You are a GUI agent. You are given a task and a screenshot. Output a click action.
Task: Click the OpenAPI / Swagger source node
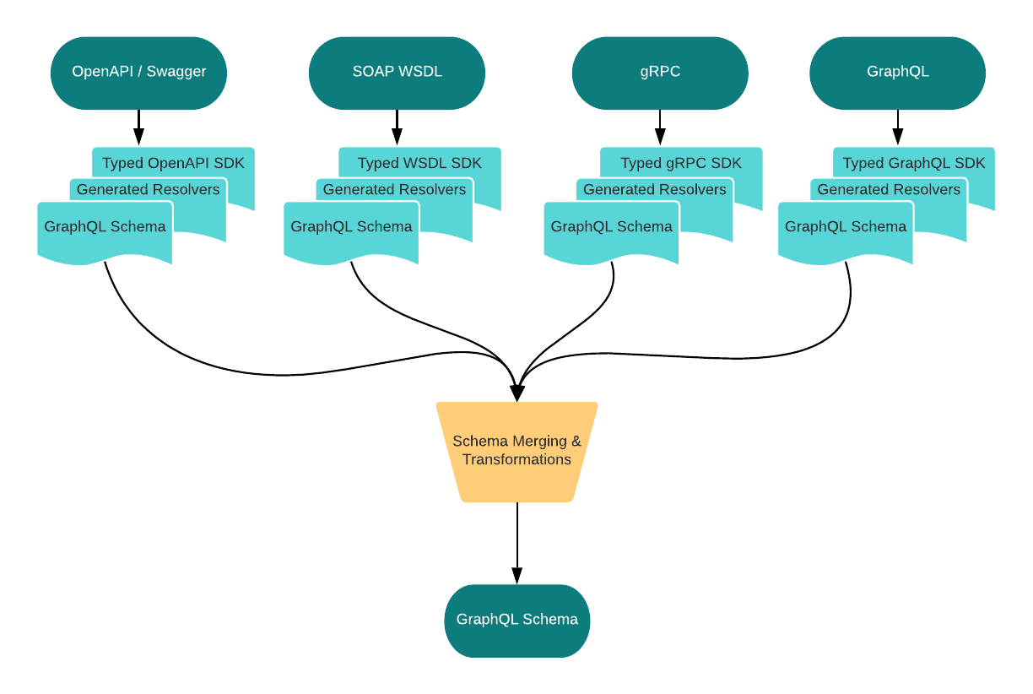(x=138, y=73)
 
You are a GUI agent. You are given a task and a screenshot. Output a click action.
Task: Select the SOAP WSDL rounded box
(x=397, y=73)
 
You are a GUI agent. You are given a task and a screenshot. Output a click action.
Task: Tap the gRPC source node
(x=660, y=73)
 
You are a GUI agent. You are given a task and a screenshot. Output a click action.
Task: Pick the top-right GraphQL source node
(x=897, y=73)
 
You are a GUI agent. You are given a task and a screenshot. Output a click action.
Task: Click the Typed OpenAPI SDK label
(x=173, y=163)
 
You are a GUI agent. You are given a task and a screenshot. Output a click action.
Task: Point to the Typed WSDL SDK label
(x=419, y=163)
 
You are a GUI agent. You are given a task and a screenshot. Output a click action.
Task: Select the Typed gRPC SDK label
(x=681, y=163)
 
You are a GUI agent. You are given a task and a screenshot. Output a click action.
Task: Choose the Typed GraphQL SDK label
(x=914, y=163)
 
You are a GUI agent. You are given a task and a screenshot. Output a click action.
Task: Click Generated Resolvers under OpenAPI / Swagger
(x=149, y=190)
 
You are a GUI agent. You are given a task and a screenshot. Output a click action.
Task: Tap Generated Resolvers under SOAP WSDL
(x=394, y=190)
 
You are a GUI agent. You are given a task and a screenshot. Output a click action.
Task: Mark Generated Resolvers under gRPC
(x=655, y=190)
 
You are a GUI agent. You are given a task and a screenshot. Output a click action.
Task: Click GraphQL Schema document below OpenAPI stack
(x=105, y=227)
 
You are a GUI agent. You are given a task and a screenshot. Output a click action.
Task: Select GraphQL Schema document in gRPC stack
(x=611, y=227)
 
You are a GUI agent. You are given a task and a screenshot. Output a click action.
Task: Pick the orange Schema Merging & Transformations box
(x=516, y=452)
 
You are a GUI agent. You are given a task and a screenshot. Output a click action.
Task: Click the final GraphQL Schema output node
(x=516, y=620)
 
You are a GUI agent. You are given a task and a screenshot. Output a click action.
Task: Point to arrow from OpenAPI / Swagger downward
(x=139, y=127)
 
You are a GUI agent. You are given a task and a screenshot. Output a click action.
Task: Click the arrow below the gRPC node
(x=660, y=127)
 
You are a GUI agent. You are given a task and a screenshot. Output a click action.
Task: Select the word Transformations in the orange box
(x=516, y=460)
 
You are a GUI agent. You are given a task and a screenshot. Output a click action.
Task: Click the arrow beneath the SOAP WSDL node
(x=397, y=127)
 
